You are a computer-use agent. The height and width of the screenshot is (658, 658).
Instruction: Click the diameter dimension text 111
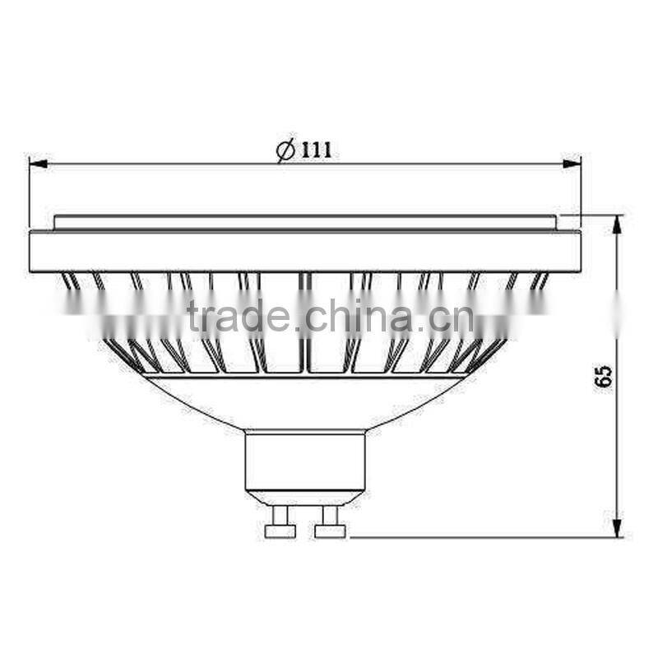[x=315, y=151]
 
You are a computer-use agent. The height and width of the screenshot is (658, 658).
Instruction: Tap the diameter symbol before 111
[x=285, y=151]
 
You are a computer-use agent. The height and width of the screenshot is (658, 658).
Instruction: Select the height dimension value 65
[x=605, y=376]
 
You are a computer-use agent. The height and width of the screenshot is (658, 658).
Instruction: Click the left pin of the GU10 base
[x=280, y=523]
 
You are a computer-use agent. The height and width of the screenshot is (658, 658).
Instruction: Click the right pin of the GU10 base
[x=330, y=523]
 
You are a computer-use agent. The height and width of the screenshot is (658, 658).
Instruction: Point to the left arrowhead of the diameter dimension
[x=38, y=164]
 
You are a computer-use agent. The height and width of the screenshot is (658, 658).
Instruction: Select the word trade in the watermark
[x=238, y=316]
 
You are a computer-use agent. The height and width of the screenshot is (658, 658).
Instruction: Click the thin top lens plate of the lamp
[x=304, y=222]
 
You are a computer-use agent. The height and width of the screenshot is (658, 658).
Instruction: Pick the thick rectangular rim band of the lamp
[x=304, y=250]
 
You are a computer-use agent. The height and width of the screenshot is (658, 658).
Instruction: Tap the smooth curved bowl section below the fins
[x=304, y=403]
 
